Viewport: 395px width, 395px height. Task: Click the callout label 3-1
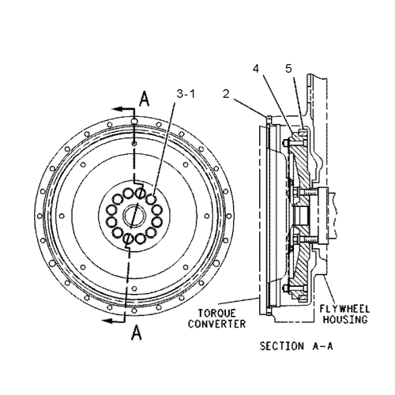click(186, 94)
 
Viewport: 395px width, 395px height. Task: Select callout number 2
click(226, 94)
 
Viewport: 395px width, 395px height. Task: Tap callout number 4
click(256, 69)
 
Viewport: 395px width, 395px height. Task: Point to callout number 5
click(289, 69)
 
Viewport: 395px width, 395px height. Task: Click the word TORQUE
click(217, 313)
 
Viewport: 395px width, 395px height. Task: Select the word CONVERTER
click(216, 324)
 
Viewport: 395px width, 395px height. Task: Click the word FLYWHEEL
click(344, 309)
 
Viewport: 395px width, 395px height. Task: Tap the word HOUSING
click(345, 319)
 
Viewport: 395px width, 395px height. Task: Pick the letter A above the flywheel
click(144, 99)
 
